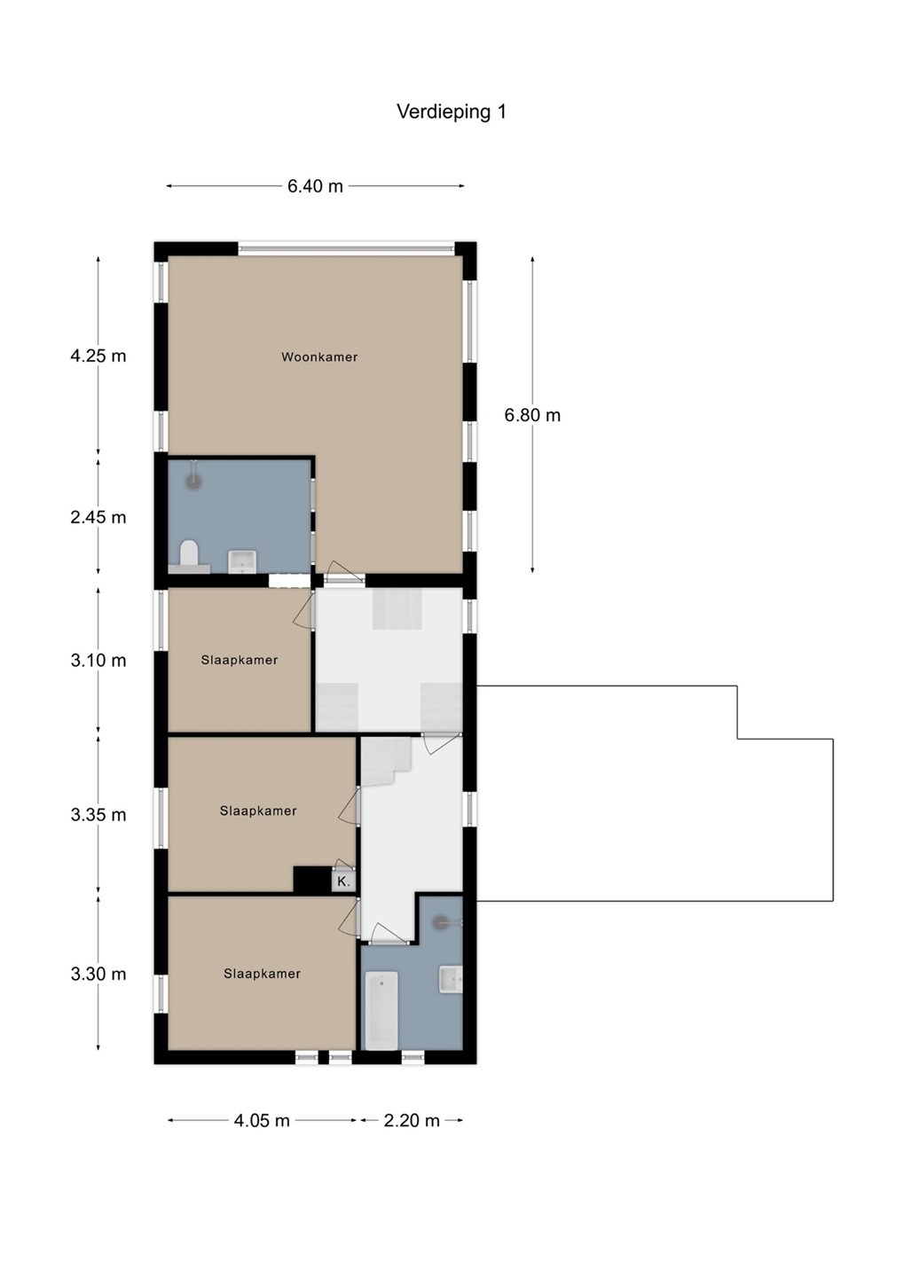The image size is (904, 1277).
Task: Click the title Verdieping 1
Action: pos(452,112)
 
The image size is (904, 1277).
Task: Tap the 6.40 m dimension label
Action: pos(315,186)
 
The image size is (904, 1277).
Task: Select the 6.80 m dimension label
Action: pos(532,415)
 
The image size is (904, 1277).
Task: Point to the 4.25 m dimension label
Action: pos(98,356)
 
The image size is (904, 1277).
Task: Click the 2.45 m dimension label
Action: pos(98,518)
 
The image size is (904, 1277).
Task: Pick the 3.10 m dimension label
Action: pos(98,661)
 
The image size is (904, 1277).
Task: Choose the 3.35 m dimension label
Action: pos(98,815)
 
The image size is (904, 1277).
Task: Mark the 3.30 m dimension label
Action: pos(98,974)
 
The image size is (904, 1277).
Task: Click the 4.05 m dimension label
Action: pos(262,1121)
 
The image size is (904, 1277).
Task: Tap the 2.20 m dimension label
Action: pos(412,1121)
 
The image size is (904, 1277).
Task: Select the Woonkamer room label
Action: pos(319,357)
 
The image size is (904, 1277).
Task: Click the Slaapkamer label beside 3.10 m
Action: pos(239,660)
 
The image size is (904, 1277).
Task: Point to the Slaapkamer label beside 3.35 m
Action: pos(258,811)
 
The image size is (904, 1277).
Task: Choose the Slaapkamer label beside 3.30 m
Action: pos(262,974)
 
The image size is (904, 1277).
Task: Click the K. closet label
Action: pos(343,881)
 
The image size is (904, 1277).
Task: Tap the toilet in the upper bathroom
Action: pos(189,556)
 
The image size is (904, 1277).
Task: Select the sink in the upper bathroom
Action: pos(243,561)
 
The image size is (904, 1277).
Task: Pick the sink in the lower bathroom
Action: pos(451,979)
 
